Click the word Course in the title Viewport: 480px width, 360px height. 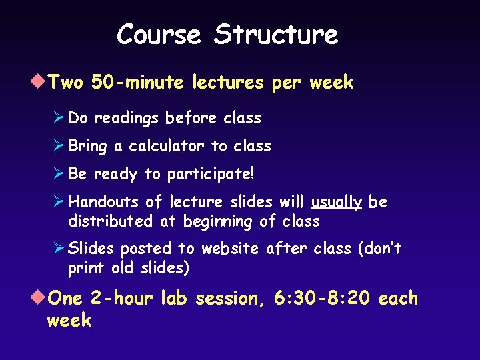[158, 34]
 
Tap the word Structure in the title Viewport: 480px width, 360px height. [276, 34]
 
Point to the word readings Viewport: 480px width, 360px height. [127, 118]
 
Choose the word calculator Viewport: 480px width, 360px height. [167, 146]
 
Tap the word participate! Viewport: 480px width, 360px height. [211, 175]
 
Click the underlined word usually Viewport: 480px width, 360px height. [336, 202]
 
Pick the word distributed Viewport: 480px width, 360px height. [110, 221]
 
